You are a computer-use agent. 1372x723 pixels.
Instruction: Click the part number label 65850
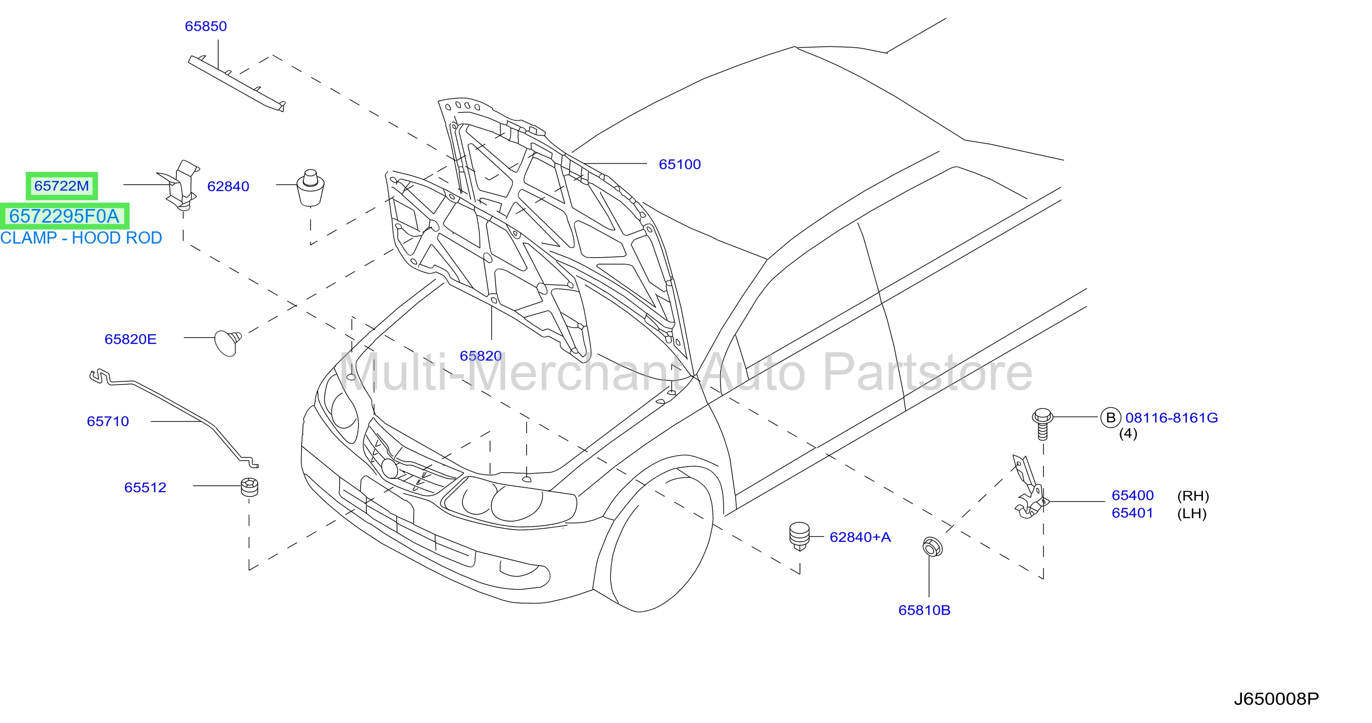[x=206, y=26]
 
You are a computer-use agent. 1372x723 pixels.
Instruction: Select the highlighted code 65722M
[x=62, y=186]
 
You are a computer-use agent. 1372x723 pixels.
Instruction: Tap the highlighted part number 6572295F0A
[x=64, y=216]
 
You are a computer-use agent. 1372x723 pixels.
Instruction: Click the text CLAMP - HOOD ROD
[x=81, y=237]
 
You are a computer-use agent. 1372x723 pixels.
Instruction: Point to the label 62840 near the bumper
[x=228, y=186]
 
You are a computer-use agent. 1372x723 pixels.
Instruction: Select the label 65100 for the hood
[x=680, y=164]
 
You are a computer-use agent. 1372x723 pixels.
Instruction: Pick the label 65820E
[x=131, y=339]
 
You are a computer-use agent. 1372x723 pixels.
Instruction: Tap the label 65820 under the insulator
[x=480, y=356]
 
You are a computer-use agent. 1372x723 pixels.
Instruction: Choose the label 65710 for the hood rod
[x=108, y=421]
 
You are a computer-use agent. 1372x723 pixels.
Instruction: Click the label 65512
[x=145, y=487]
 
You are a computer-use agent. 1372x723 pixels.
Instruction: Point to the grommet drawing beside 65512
[x=249, y=487]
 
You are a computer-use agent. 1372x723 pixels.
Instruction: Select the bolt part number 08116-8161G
[x=1172, y=418]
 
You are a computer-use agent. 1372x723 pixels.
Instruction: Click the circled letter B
[x=1110, y=418]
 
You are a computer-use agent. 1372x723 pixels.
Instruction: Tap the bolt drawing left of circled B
[x=1042, y=424]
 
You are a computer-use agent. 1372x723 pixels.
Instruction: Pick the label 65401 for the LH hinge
[x=1132, y=513]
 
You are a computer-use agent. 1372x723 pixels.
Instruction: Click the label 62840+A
[x=860, y=537]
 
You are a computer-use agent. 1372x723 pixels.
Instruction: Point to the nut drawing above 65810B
[x=932, y=547]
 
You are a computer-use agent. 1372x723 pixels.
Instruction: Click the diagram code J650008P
[x=1276, y=699]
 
